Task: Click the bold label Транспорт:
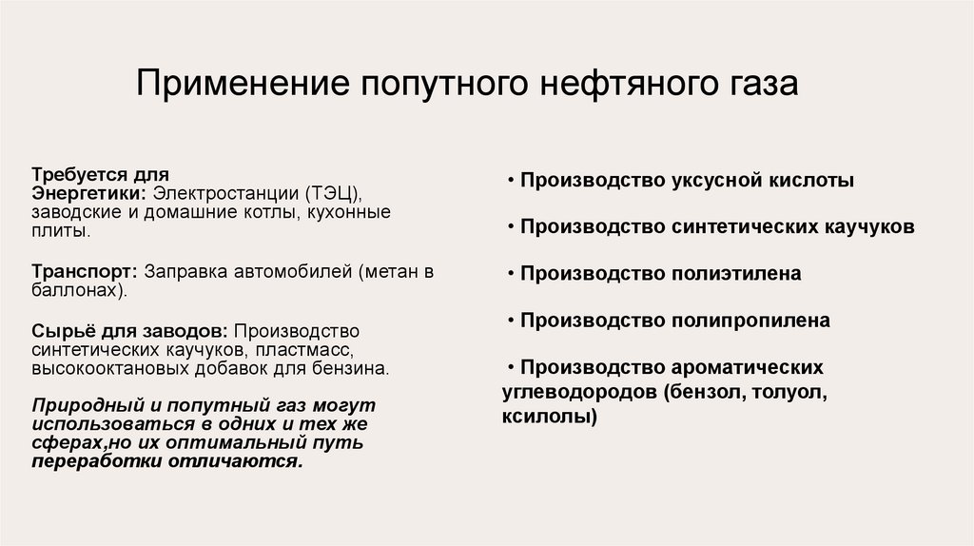tap(85, 271)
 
